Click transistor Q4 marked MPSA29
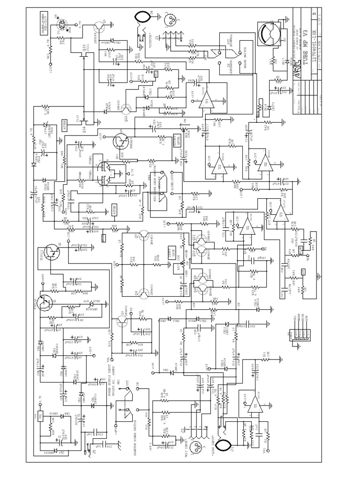point(123,140)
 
